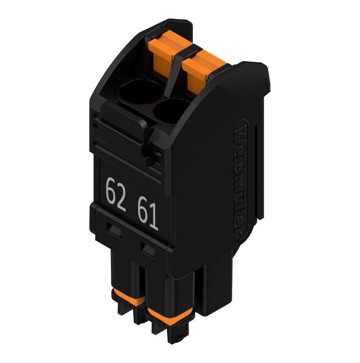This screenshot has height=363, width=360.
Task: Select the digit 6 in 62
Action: (x=111, y=191)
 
